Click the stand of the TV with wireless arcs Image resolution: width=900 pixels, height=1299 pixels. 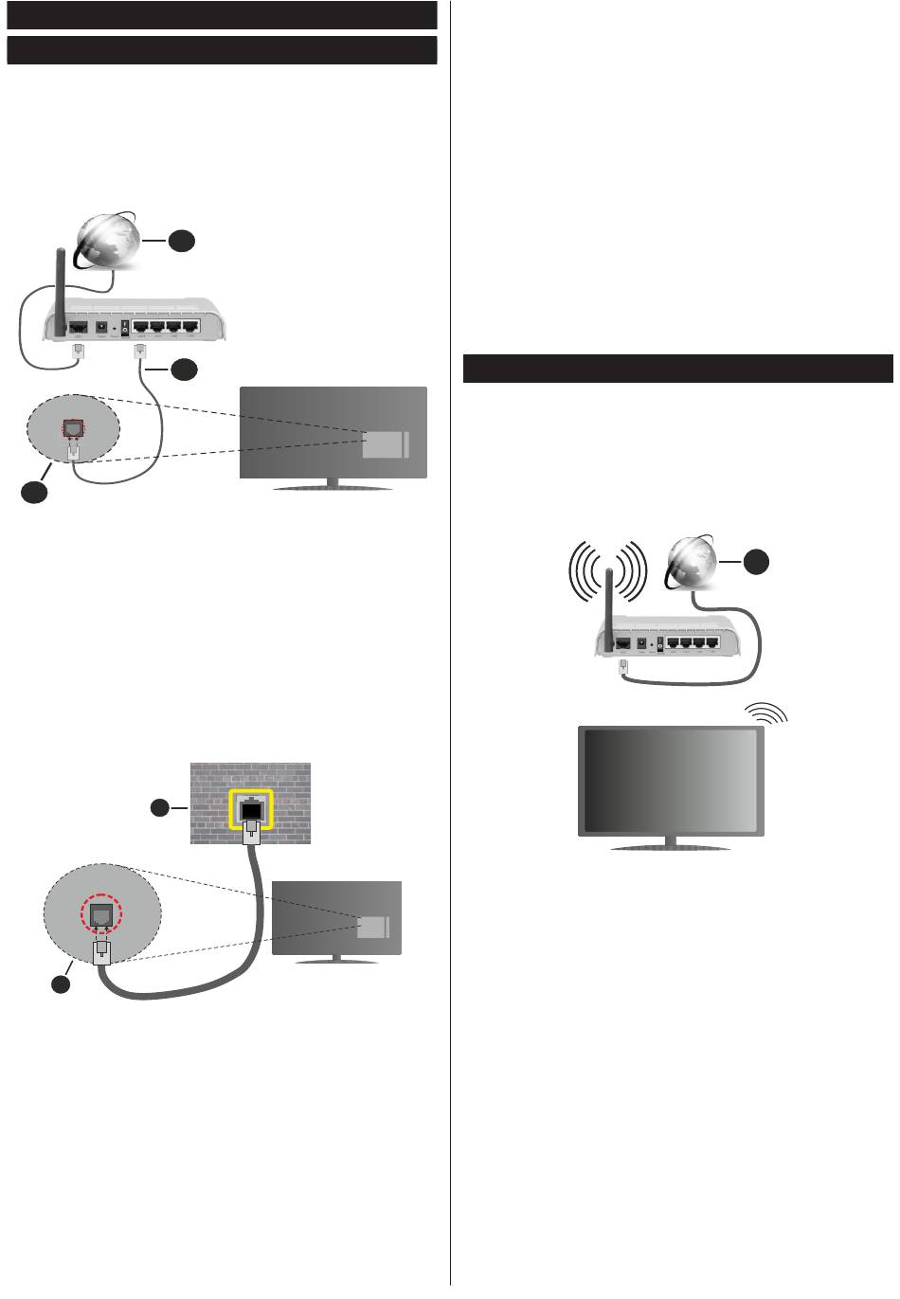point(672,844)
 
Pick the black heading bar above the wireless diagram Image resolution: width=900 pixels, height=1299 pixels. point(677,369)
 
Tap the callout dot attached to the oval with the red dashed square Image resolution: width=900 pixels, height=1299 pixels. point(34,491)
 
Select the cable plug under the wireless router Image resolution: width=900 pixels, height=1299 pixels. point(624,666)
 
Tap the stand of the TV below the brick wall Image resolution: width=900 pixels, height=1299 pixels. point(336,958)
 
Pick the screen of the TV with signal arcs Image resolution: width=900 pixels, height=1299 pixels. point(672,780)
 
